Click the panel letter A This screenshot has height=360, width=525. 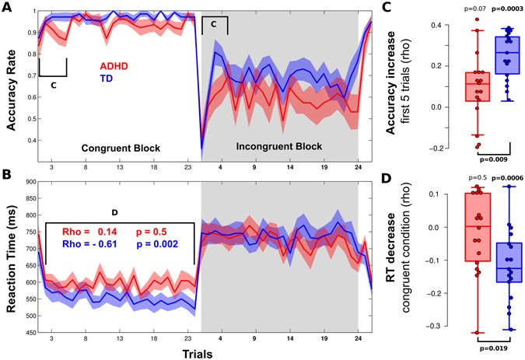click(7, 6)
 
